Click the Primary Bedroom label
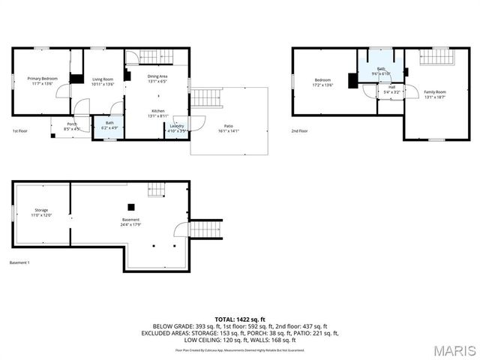coord(43,79)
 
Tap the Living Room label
coord(103,79)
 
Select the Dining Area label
coord(157,76)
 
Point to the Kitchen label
coord(157,110)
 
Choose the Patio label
coord(229,126)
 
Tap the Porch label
coord(72,124)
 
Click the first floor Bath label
coord(109,123)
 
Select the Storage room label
coord(41,210)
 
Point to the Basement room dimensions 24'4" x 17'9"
coord(131,224)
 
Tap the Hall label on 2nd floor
coord(391,87)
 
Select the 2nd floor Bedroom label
coord(322,80)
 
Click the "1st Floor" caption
coord(20,131)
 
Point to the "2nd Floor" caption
coord(299,131)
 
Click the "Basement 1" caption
coord(19,262)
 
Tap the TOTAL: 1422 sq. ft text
coord(240,319)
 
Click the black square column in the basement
coord(131,206)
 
